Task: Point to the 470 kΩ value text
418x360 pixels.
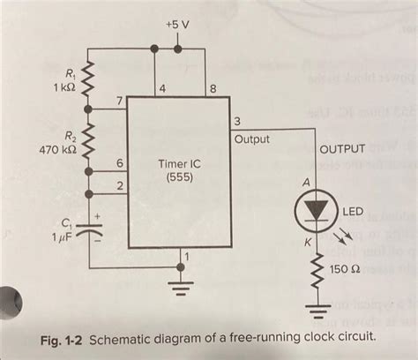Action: click(x=56, y=152)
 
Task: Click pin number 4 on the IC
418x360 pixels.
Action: click(x=161, y=88)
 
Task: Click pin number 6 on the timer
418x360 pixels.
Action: click(x=120, y=164)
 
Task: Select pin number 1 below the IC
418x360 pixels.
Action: click(x=186, y=257)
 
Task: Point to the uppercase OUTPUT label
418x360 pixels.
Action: click(x=340, y=150)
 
